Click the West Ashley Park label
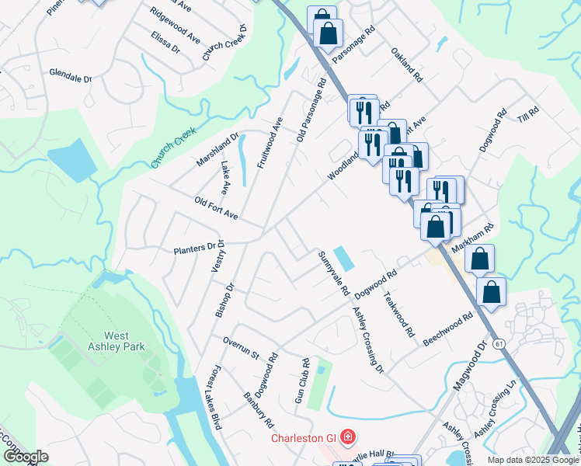click(107, 341)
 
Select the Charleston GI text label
click(303, 438)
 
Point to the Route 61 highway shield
click(496, 343)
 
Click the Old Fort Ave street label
click(216, 207)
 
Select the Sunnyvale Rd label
click(332, 273)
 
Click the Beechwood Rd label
click(448, 330)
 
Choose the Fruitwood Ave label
click(268, 144)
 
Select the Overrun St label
click(240, 347)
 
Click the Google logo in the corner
click(26, 457)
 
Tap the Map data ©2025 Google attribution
click(532, 460)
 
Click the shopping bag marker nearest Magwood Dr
click(491, 293)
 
